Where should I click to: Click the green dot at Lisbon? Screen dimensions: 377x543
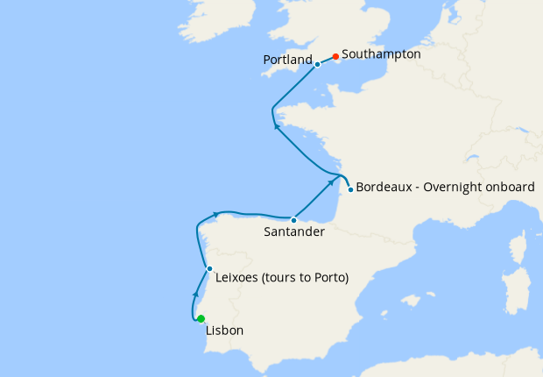201,318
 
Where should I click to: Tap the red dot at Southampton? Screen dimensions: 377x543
335,56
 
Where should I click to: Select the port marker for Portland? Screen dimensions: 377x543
317,65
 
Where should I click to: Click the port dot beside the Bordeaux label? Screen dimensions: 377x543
350,189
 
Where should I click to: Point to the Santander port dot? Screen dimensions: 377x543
293,220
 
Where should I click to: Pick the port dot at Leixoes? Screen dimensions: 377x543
209,268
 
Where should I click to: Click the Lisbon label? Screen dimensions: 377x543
224,331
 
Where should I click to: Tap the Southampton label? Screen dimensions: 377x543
381,53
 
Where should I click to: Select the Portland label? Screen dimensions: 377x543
287,60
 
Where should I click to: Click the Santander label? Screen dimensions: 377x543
294,232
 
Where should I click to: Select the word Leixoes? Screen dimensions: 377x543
236,278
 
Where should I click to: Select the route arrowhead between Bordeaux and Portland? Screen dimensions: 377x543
277,125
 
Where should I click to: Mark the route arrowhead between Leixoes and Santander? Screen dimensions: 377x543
215,213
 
